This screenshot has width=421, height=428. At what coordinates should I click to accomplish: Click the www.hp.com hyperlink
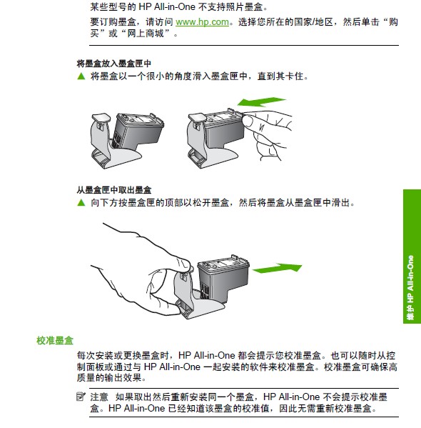point(202,22)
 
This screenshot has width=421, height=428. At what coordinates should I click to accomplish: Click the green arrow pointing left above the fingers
point(261,102)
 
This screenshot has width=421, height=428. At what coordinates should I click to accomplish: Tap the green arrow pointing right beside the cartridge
point(277,268)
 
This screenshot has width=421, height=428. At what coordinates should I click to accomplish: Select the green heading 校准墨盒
point(55,340)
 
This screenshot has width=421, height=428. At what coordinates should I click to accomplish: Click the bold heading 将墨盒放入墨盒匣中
point(113,64)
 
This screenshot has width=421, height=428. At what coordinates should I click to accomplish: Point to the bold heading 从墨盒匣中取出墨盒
point(113,190)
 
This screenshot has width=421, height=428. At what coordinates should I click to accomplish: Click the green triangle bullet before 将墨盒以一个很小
point(81,76)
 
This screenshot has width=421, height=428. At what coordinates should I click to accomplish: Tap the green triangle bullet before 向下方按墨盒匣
point(81,202)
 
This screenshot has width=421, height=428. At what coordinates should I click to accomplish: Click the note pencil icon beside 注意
point(81,397)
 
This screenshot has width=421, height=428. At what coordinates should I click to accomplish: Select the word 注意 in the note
point(99,397)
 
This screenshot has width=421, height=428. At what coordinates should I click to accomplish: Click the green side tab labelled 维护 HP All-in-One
point(412,257)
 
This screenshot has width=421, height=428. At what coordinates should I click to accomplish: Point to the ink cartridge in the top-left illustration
point(137,131)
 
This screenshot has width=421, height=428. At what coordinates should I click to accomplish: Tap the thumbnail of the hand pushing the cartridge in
point(248,121)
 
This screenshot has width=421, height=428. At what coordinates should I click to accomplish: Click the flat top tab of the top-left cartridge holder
point(101,117)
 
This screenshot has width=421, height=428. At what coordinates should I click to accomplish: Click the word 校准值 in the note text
point(257,408)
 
